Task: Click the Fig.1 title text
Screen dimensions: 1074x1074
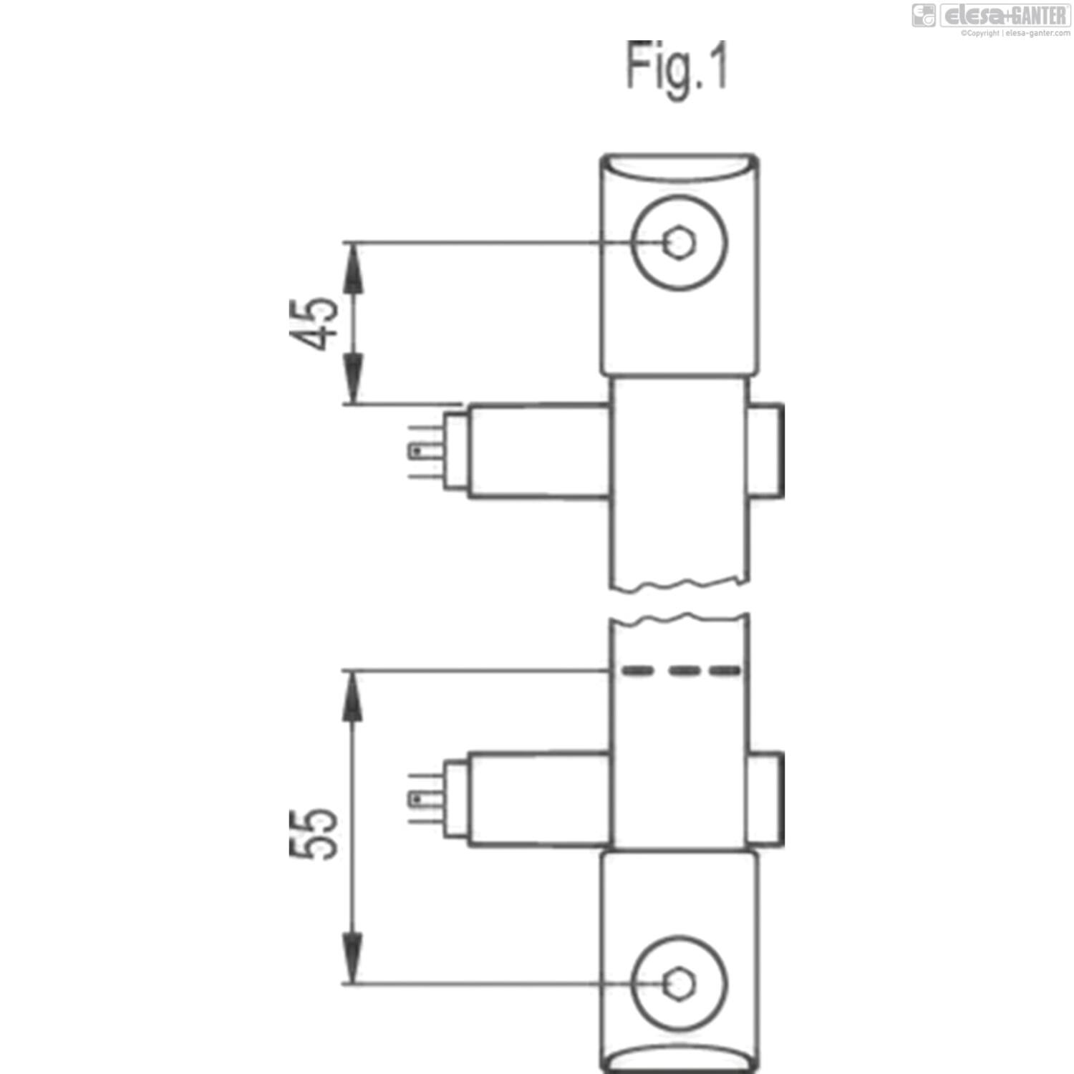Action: tap(677, 66)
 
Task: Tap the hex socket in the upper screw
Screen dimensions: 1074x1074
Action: tap(679, 243)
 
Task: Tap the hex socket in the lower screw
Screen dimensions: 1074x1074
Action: tap(679, 984)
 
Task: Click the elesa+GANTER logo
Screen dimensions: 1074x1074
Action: tap(992, 15)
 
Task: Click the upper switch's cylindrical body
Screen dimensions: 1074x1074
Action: tap(538, 451)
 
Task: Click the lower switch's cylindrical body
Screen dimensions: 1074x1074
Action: tap(538, 799)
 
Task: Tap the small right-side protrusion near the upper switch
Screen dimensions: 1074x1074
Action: tap(766, 450)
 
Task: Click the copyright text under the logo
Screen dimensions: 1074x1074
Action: tap(1015, 33)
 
